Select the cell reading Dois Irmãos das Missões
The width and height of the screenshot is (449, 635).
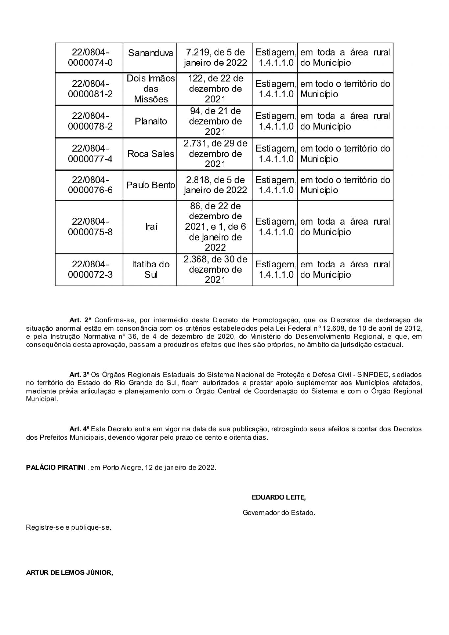point(151,89)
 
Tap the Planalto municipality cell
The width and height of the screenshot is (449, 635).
point(151,121)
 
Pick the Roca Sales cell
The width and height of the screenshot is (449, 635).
point(151,154)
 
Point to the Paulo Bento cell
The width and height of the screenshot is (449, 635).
point(151,185)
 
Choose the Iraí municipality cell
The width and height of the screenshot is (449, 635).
point(151,227)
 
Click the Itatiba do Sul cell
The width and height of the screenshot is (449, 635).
point(151,269)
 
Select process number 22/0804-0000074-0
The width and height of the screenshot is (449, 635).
point(90,58)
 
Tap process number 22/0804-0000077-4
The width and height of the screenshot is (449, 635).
point(90,154)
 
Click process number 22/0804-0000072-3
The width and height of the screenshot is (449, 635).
point(90,269)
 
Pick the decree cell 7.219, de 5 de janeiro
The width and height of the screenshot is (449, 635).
point(215,58)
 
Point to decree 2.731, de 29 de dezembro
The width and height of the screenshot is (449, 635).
point(215,154)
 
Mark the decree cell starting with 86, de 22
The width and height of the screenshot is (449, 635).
point(215,227)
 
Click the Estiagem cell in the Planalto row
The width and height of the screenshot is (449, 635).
point(275,121)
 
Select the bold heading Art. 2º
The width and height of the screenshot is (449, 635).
point(80,320)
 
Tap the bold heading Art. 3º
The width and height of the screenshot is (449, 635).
point(80,375)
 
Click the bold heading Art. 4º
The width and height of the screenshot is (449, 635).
point(80,429)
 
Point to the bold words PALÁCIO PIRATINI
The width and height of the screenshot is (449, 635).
point(56,468)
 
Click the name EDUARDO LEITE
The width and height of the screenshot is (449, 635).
point(279,497)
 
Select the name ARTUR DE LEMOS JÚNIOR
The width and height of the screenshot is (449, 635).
point(69,573)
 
